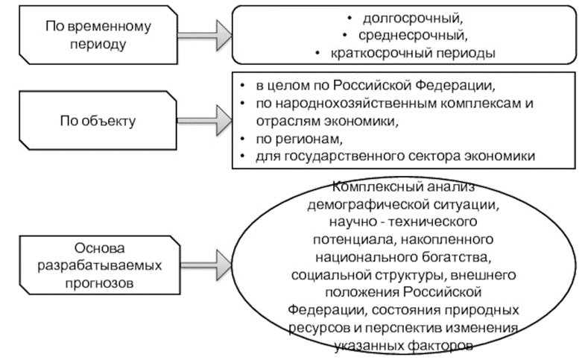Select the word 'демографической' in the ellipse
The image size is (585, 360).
358,203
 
